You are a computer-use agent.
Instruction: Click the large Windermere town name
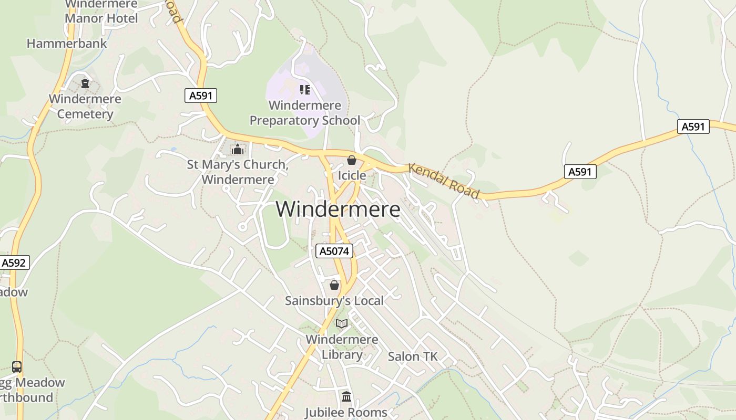pos(338,209)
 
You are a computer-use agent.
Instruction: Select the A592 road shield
pos(14,262)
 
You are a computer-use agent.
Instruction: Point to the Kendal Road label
pos(444,181)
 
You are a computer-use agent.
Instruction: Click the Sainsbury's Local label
pos(334,301)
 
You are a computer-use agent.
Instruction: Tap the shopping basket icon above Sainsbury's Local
pos(334,285)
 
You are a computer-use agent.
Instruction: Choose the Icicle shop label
pos(352,175)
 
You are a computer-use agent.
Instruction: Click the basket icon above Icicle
pos(352,160)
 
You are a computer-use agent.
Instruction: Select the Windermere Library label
pos(342,346)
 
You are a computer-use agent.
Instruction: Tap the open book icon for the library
pos(342,323)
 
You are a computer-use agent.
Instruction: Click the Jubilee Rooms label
pos(346,412)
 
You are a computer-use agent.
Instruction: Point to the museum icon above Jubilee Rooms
pos(346,396)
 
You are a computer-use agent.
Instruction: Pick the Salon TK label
pos(413,356)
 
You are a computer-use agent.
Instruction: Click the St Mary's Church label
pos(238,172)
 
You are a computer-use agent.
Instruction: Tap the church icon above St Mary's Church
pos(238,150)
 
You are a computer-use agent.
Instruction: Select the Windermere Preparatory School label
pos(305,113)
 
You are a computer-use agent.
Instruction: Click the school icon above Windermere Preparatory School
pos(305,90)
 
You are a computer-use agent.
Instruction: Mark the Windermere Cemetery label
pos(85,106)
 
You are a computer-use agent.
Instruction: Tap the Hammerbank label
pos(67,44)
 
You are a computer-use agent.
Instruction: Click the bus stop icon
pos(17,366)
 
